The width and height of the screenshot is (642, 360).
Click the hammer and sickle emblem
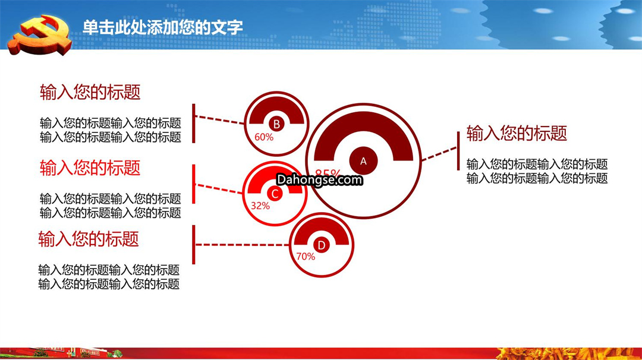coord(40,35)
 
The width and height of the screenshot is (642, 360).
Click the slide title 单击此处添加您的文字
coord(162,27)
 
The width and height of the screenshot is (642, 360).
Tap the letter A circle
coord(363,161)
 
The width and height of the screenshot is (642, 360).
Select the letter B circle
coord(276,124)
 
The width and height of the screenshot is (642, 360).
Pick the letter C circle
coord(275,194)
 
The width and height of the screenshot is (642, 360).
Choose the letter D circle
coord(322,245)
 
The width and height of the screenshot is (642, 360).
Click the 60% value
coord(264,137)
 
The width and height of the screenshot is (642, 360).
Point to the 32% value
coord(260,206)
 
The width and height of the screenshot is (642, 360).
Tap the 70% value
coord(306,257)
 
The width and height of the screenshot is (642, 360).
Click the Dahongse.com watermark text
coord(320,179)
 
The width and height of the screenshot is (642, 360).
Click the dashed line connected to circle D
coord(243,245)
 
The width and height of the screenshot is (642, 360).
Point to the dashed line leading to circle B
coord(220,119)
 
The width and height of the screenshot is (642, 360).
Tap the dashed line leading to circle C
coord(219,188)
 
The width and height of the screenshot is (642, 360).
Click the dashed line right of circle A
coord(439,154)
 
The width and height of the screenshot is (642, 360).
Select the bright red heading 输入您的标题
coord(90,168)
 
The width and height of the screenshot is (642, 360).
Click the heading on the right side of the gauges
coord(517,133)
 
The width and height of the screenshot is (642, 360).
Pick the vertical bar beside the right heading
coord(458,150)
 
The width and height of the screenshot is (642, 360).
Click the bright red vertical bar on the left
coord(194,184)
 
